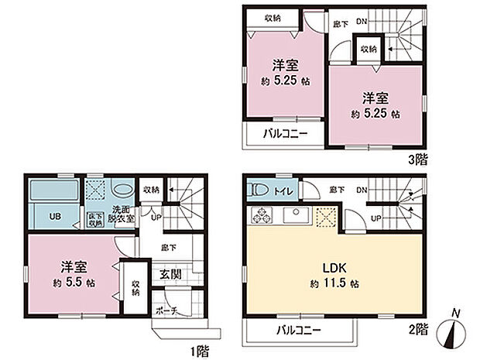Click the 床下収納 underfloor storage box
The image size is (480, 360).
tap(94, 219)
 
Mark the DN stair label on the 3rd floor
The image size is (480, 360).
tap(361, 22)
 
